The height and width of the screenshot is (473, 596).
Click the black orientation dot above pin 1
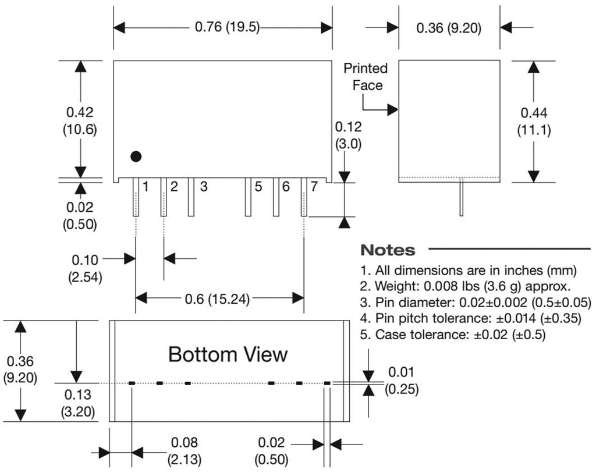click(136, 156)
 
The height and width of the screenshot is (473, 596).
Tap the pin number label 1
click(146, 187)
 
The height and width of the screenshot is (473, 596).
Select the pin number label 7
click(314, 187)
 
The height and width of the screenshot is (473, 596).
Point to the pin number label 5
click(258, 187)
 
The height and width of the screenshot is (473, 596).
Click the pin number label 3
click(204, 187)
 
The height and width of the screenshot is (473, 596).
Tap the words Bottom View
click(228, 354)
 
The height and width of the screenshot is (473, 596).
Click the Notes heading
click(388, 250)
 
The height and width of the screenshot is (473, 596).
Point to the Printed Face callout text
click(366, 77)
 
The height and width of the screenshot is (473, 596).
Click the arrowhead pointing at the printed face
click(393, 109)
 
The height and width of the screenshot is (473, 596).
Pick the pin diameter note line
click(476, 303)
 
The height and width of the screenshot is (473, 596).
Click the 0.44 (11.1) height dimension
click(534, 121)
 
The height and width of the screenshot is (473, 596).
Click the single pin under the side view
click(462, 198)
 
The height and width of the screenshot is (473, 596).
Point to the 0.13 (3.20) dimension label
click(78, 404)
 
